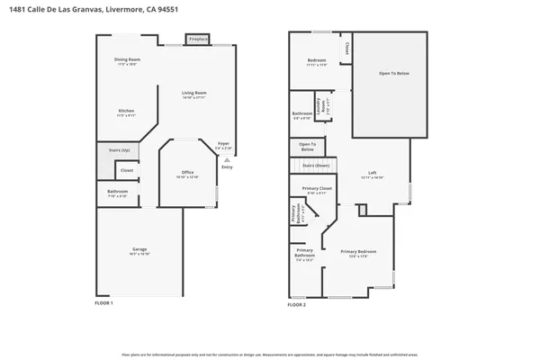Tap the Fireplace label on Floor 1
point(198,40)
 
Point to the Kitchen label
point(126,112)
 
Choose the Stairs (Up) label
point(119,150)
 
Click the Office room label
point(187,172)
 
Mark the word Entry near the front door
point(227,166)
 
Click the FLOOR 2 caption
point(297,305)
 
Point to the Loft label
point(372,174)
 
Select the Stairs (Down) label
point(315,166)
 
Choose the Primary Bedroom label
point(358,251)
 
